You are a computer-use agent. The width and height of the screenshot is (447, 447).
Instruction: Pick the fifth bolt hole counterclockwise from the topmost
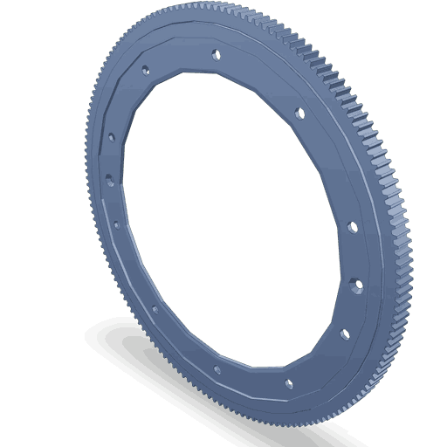[x=155, y=308]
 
